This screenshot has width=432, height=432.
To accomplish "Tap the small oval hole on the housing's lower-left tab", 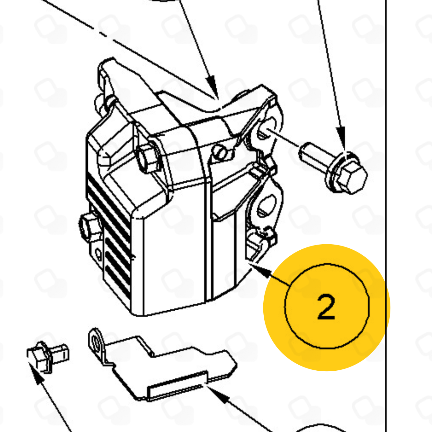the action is (x=98, y=253).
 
